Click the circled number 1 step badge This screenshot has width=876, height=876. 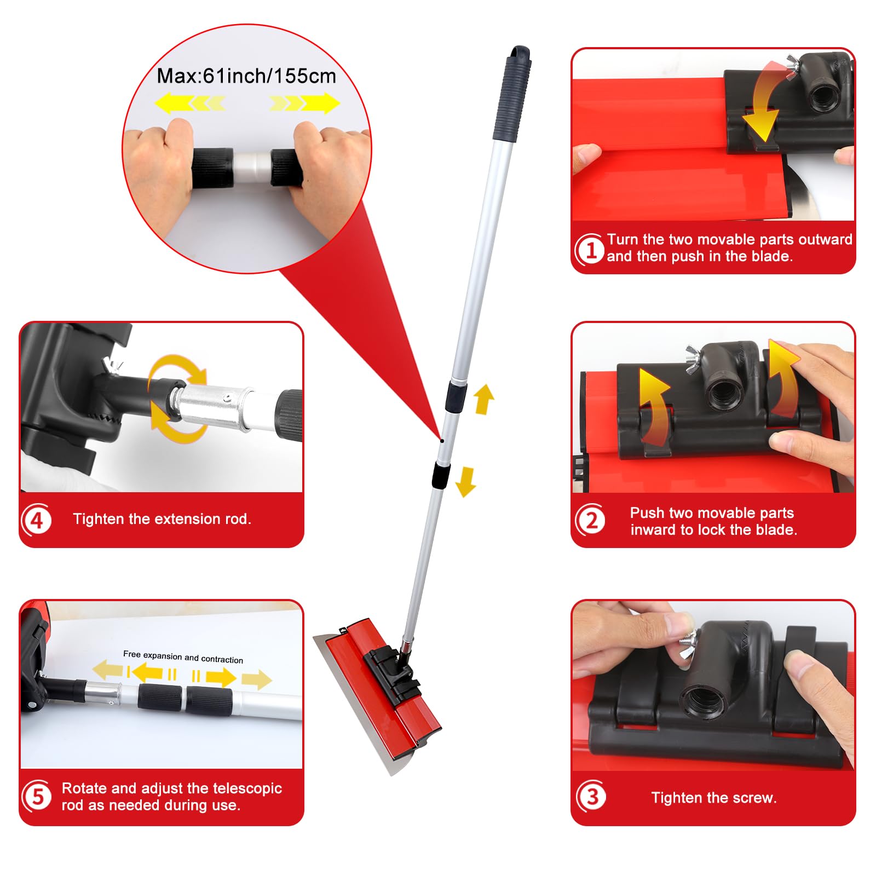(590, 250)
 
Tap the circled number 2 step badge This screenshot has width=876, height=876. (591, 520)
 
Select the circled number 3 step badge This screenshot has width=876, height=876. (591, 797)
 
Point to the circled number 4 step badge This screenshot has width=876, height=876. (37, 520)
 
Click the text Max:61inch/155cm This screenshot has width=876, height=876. (246, 76)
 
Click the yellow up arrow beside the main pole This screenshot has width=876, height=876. (484, 399)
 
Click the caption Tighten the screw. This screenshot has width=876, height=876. (714, 798)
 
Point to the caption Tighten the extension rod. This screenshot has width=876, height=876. (162, 519)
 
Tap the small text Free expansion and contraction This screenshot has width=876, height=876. (183, 656)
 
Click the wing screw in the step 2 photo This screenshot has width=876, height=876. (695, 360)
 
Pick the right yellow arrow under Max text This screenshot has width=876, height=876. (304, 103)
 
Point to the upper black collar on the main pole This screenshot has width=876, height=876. (456, 396)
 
